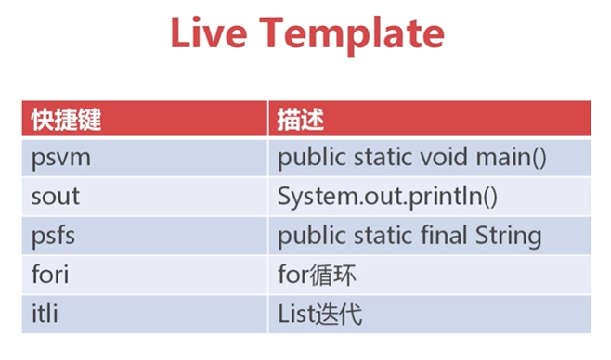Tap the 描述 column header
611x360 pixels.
click(300, 119)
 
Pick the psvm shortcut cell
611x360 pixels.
click(61, 158)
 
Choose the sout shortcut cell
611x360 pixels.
click(56, 197)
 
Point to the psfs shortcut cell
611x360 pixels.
click(53, 236)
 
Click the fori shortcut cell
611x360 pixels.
click(49, 275)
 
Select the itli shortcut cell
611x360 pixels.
click(45, 314)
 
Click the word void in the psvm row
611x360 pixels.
click(444, 157)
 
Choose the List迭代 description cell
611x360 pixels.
click(319, 314)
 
